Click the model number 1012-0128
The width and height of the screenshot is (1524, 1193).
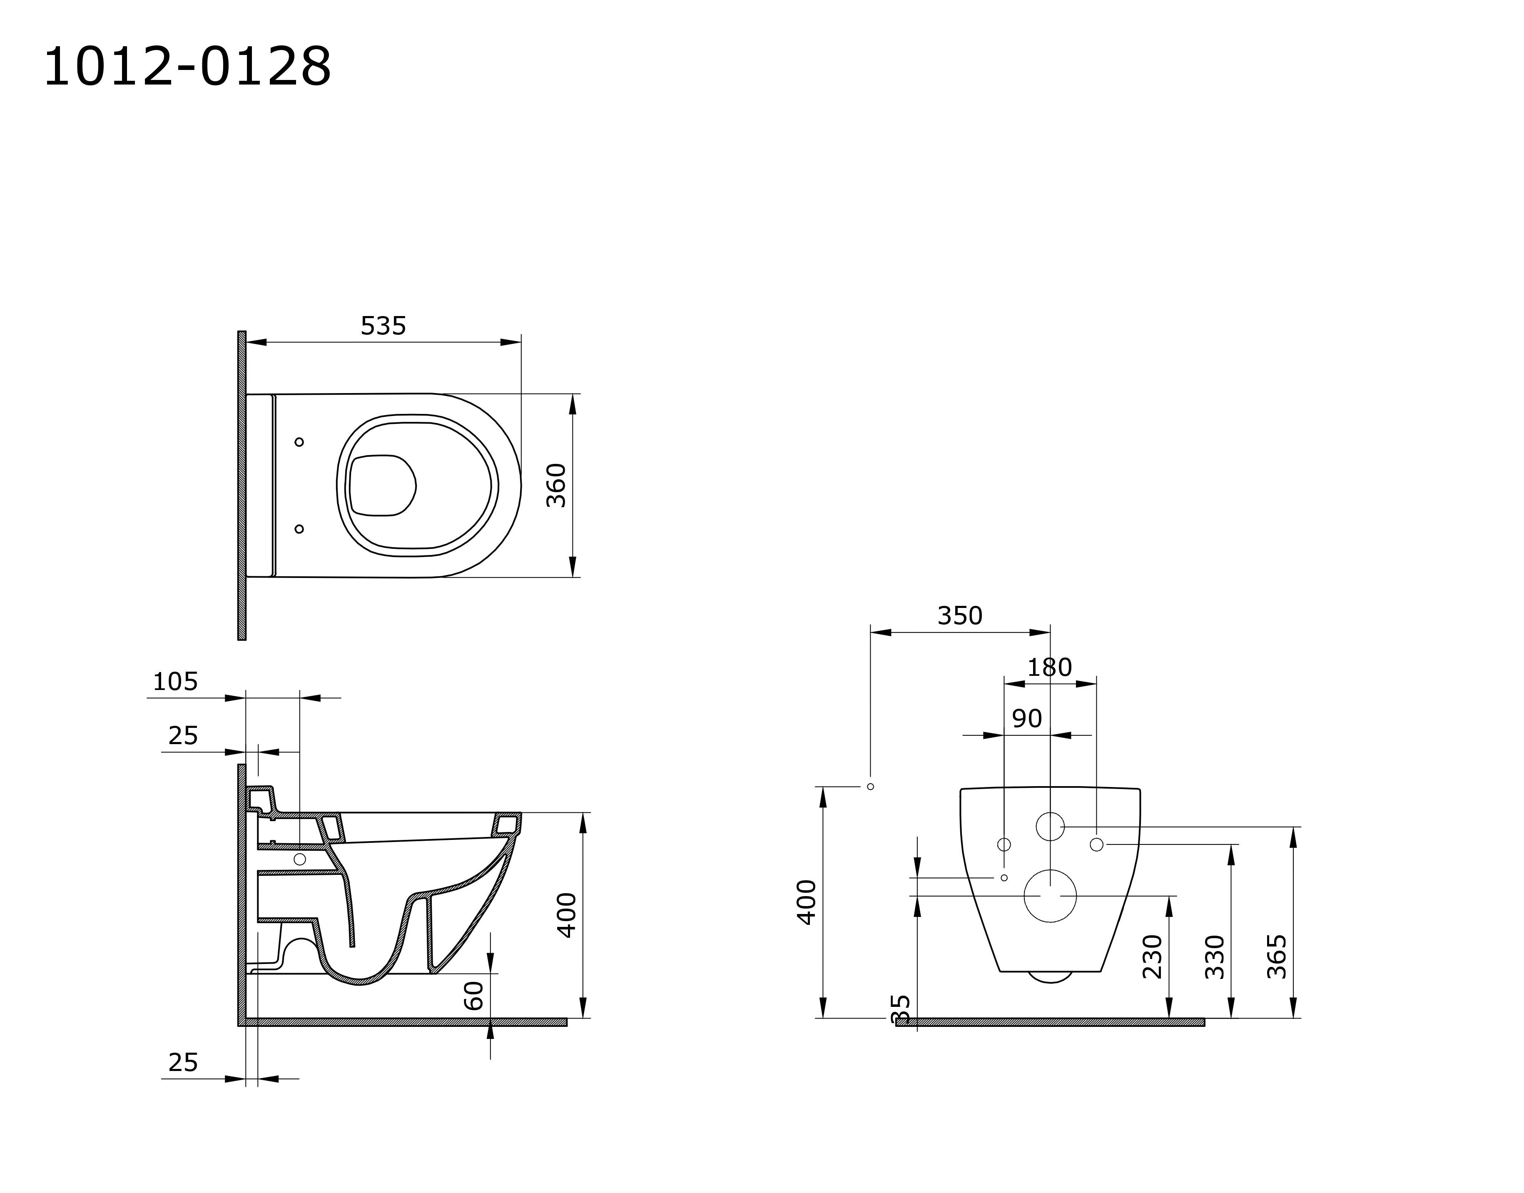coord(187,67)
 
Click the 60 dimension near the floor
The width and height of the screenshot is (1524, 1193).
coord(473,995)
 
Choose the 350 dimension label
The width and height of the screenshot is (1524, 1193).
coord(960,615)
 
